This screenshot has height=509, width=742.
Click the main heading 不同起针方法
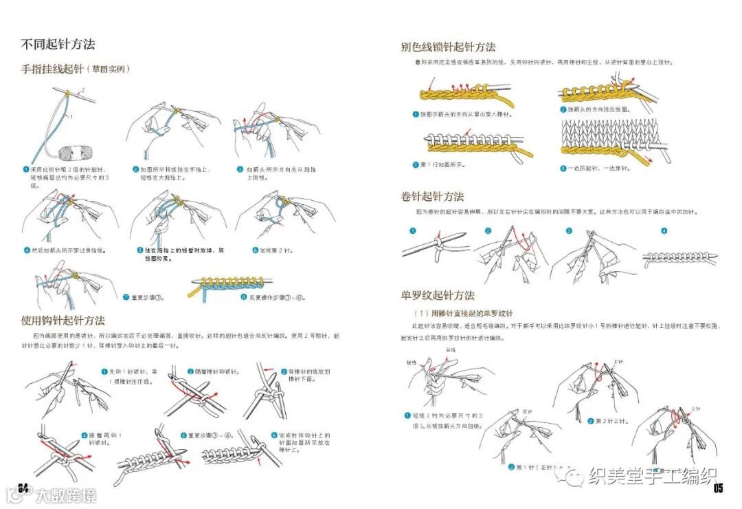[x=58, y=45]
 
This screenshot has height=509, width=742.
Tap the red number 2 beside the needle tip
[x=84, y=90]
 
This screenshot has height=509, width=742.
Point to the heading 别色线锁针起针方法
[x=448, y=47]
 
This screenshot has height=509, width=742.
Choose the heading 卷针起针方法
[x=432, y=197]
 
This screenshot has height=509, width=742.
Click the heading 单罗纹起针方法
[x=438, y=295]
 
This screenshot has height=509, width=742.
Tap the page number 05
[x=719, y=489]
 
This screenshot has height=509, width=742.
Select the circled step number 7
[x=126, y=298]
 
